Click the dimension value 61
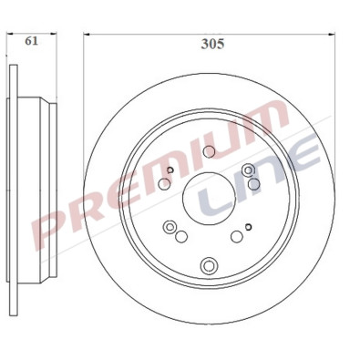31,41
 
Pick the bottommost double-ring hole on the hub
209,265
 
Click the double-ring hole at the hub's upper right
250,170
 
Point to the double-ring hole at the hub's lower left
169,227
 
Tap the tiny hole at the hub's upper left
170,169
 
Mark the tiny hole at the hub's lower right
248,228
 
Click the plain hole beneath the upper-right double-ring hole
254,185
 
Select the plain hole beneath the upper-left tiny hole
164,184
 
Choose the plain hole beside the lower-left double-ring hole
181,236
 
